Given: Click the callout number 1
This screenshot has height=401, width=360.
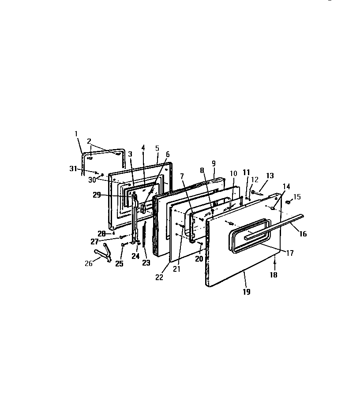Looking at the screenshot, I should pyautogui.click(x=76, y=133).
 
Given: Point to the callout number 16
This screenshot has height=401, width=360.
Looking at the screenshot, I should pyautogui.click(x=303, y=234).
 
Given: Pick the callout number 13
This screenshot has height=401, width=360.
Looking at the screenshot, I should pyautogui.click(x=270, y=176).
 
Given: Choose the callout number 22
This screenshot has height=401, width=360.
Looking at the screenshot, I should pyautogui.click(x=160, y=277).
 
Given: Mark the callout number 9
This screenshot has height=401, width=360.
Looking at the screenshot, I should pyautogui.click(x=214, y=163).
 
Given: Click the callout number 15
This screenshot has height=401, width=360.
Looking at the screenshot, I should pyautogui.click(x=297, y=196).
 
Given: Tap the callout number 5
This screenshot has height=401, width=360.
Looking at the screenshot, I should pyautogui.click(x=157, y=148).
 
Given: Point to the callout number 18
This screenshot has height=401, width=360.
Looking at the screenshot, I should pyautogui.click(x=274, y=274).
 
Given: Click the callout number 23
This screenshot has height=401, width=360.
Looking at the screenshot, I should pyautogui.click(x=146, y=263).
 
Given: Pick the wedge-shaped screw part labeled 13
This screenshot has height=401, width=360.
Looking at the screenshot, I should pyautogui.click(x=257, y=191).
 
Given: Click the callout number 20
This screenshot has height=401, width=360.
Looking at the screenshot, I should pyautogui.click(x=199, y=259).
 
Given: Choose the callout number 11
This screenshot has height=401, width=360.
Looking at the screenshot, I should pyautogui.click(x=246, y=172).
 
